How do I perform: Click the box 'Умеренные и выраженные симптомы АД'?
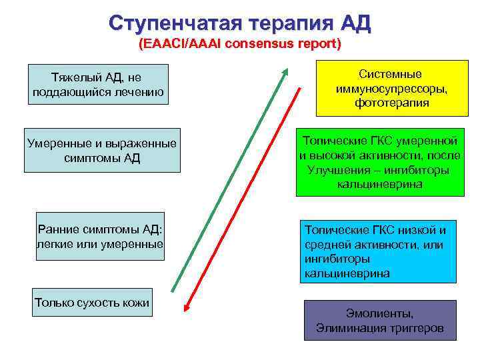101,150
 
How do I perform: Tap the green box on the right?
380,162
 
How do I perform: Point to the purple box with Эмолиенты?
380,321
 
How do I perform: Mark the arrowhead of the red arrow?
187,308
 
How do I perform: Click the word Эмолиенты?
380,313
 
